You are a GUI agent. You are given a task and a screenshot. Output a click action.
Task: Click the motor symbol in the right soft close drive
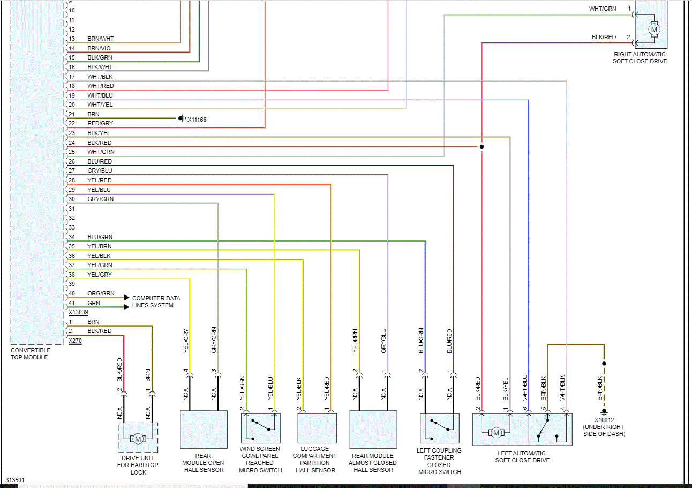tap(653, 29)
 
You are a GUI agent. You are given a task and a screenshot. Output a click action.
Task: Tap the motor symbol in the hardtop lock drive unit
tap(138, 439)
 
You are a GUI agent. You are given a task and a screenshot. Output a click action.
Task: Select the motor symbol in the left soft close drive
tap(496, 432)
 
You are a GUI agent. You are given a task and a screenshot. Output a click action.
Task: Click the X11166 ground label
tap(197, 120)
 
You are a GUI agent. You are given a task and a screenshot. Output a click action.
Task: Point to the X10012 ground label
tap(604, 420)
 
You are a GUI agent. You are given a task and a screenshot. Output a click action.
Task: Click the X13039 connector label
tap(78, 313)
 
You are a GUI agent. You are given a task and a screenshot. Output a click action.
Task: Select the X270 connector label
tap(75, 341)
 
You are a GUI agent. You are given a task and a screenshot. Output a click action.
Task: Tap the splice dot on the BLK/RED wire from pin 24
tap(482, 146)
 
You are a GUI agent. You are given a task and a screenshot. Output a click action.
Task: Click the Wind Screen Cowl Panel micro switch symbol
tap(260, 427)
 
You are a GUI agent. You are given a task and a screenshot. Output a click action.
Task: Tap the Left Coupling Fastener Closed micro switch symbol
tap(440, 427)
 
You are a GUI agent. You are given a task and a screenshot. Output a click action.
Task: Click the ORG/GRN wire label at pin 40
tap(101, 294)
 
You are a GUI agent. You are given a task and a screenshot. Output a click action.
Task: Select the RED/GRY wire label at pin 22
tap(100, 123)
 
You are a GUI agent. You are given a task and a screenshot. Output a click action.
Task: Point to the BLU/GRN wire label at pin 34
tap(100, 237)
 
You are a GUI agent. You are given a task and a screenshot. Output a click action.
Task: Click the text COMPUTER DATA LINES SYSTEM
tap(156, 301)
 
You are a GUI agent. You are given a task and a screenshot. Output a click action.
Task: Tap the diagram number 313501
tap(16, 480)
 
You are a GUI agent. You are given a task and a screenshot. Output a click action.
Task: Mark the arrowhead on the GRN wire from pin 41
tap(126, 307)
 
